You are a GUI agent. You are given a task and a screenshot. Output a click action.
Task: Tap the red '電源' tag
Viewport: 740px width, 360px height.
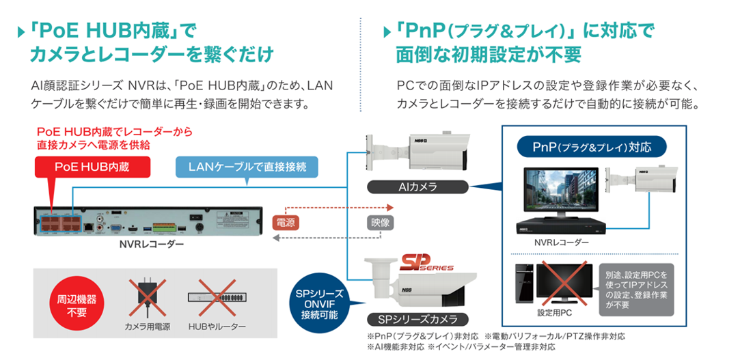click(286, 223)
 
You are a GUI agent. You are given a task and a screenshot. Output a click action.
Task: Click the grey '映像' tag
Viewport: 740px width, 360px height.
click(379, 223)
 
